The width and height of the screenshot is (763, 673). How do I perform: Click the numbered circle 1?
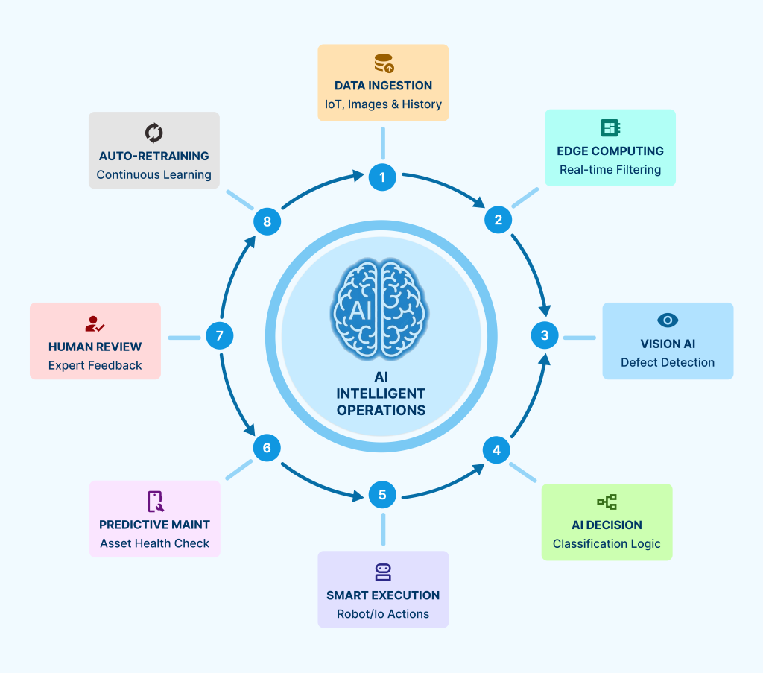pyautogui.click(x=382, y=177)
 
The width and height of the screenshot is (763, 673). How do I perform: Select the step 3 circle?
pyautogui.click(x=545, y=335)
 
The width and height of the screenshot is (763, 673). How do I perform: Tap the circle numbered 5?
pyautogui.click(x=382, y=494)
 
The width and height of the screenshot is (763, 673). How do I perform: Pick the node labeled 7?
pyautogui.click(x=219, y=335)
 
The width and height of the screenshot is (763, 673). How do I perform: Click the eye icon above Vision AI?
pyautogui.click(x=668, y=320)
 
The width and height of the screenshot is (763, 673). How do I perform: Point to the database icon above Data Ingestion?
pyautogui.click(x=384, y=63)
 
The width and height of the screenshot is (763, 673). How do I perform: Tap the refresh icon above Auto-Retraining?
pyautogui.click(x=153, y=133)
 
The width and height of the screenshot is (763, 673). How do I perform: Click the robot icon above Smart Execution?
pyautogui.click(x=383, y=572)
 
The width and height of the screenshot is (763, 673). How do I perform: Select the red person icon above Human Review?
pyautogui.click(x=95, y=324)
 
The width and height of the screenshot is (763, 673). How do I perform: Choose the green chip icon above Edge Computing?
pyautogui.click(x=610, y=127)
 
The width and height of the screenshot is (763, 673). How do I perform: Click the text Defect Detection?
pyautogui.click(x=668, y=362)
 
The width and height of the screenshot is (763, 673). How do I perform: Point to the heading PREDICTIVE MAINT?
pyautogui.click(x=154, y=525)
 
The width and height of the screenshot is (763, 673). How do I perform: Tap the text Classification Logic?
pyautogui.click(x=607, y=543)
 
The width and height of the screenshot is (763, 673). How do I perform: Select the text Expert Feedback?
pyautogui.click(x=95, y=365)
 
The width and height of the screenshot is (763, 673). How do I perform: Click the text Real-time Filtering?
pyautogui.click(x=610, y=169)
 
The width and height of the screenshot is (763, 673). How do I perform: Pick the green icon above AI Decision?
pyautogui.click(x=607, y=502)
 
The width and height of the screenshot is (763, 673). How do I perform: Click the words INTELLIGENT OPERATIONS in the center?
pyautogui.click(x=381, y=401)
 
